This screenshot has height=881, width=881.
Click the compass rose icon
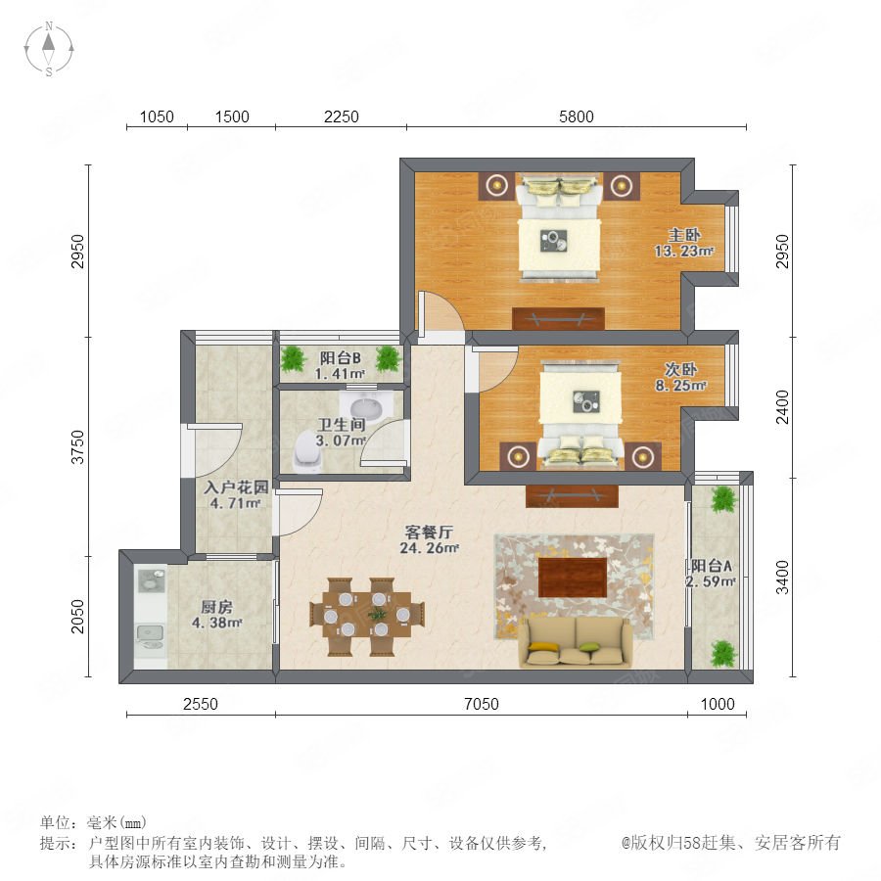pyautogui.click(x=49, y=49)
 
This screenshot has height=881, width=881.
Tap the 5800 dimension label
pyautogui.click(x=576, y=116)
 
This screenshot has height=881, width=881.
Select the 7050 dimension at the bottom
pyautogui.click(x=482, y=704)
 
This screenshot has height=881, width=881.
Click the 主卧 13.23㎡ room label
pyautogui.click(x=684, y=243)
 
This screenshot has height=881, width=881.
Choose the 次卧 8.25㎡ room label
pyautogui.click(x=680, y=377)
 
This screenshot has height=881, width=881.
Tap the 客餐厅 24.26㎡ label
pyautogui.click(x=430, y=540)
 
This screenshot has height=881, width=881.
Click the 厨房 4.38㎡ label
pyautogui.click(x=217, y=615)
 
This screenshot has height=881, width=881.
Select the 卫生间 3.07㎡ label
pyautogui.click(x=341, y=433)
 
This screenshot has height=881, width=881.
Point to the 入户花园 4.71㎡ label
pyautogui.click(x=236, y=495)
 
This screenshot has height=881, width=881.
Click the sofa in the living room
pyautogui.click(x=576, y=643)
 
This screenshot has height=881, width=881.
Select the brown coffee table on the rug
pyautogui.click(x=573, y=577)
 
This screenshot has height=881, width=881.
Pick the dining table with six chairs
pyautogui.click(x=367, y=616)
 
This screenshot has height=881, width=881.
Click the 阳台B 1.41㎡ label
pyautogui.click(x=340, y=366)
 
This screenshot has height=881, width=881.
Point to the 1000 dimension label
pyautogui.click(x=718, y=704)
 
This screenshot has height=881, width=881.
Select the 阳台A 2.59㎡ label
pyautogui.click(x=712, y=574)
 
